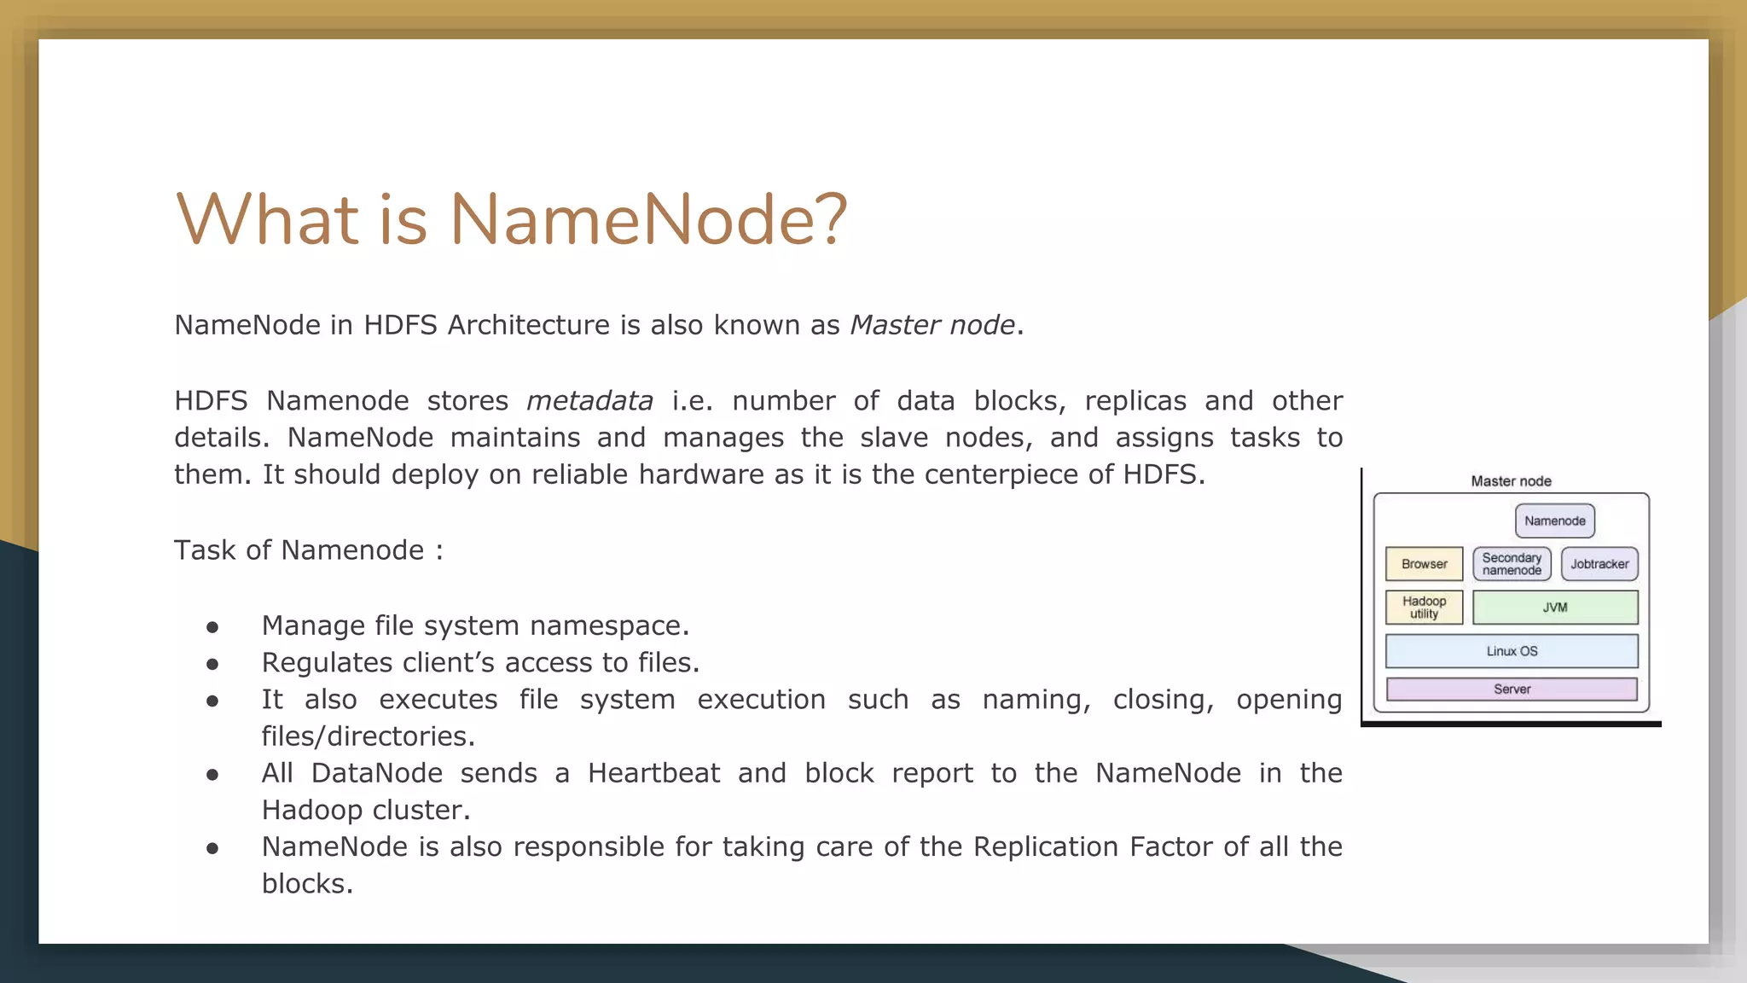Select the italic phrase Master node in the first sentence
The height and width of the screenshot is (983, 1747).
click(x=932, y=325)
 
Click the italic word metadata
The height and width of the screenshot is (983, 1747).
click(x=589, y=401)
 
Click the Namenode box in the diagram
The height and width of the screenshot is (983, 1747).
click(x=1554, y=521)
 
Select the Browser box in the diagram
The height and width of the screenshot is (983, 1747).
click(x=1424, y=564)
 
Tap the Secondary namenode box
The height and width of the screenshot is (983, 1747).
click(x=1512, y=564)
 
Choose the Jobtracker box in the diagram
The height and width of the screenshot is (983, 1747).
click(x=1599, y=564)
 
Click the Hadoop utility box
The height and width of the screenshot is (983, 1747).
click(x=1424, y=608)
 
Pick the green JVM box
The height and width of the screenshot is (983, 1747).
click(x=1555, y=608)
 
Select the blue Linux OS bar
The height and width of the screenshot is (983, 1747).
click(x=1512, y=651)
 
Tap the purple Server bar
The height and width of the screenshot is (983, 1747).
click(x=1512, y=689)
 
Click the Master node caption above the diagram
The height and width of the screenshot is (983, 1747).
click(x=1511, y=481)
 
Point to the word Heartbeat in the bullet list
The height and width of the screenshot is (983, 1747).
click(x=653, y=773)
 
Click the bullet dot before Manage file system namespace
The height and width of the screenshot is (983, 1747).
click(x=212, y=627)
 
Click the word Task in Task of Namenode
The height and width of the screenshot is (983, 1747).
click(x=205, y=550)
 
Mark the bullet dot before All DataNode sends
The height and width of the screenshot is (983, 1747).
click(x=212, y=775)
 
